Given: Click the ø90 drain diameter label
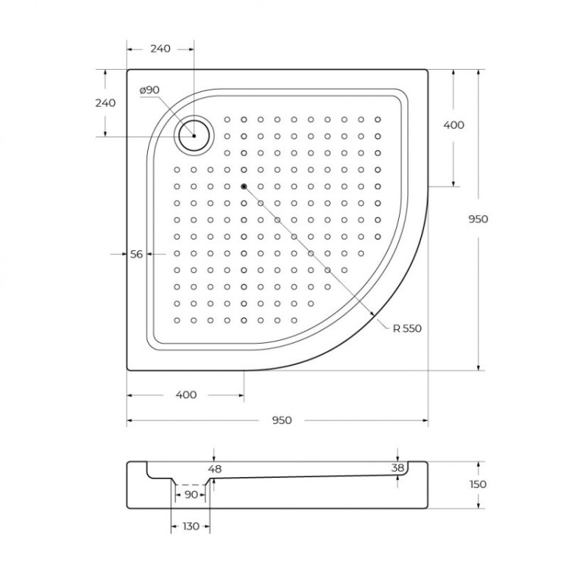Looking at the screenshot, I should pyautogui.click(x=149, y=90).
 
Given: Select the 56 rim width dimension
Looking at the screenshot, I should pyautogui.click(x=137, y=255).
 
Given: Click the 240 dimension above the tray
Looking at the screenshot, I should pyautogui.click(x=160, y=49).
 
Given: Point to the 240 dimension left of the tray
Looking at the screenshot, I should pyautogui.click(x=106, y=103).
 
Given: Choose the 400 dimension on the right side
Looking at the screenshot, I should pyautogui.click(x=453, y=125).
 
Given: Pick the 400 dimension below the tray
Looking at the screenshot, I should pyautogui.click(x=186, y=395).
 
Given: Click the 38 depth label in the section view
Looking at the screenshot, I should pyautogui.click(x=398, y=468).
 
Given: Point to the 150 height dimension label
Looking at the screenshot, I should pyautogui.click(x=478, y=484).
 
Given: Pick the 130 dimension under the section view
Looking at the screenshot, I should pyautogui.click(x=190, y=526).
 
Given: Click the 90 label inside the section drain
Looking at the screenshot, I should pyautogui.click(x=190, y=495).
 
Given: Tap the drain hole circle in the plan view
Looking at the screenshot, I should pyautogui.click(x=195, y=136).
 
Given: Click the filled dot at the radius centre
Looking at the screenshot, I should pyautogui.click(x=244, y=186).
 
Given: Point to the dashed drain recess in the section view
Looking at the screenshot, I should pyautogui.click(x=190, y=484).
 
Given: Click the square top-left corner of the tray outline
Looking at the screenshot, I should pyautogui.click(x=128, y=71).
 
